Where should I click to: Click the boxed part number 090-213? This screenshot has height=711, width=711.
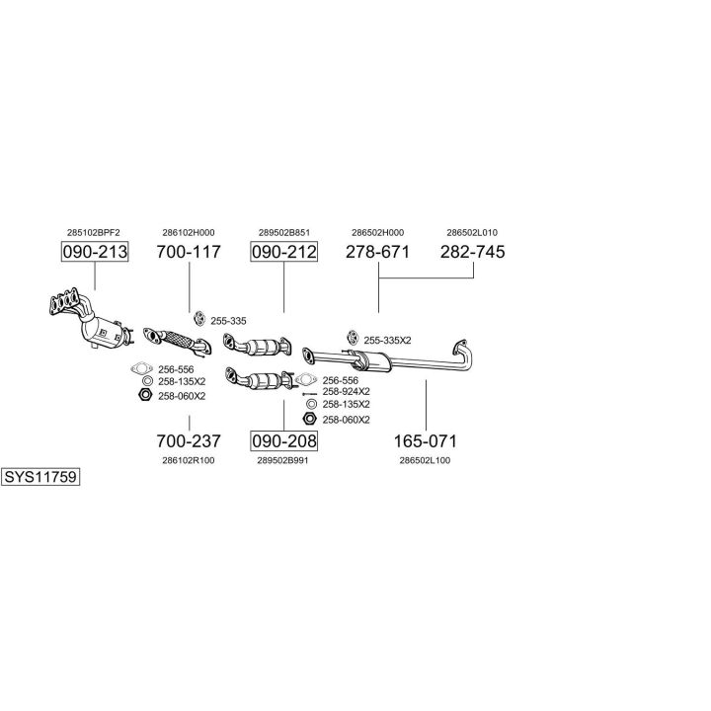click(95, 252)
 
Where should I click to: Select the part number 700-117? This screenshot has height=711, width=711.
click(189, 252)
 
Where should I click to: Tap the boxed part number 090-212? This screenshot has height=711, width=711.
click(283, 252)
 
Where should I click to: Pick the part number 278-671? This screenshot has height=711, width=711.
click(377, 252)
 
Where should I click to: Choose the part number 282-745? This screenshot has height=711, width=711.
click(472, 252)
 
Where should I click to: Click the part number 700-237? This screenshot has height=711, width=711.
click(189, 440)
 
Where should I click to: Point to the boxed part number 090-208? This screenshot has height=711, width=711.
click(283, 440)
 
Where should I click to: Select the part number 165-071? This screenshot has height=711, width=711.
click(426, 440)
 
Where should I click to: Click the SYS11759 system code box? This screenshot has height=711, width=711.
click(40, 477)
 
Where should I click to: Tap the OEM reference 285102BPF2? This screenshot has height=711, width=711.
click(94, 233)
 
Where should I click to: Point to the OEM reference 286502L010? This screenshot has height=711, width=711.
click(472, 233)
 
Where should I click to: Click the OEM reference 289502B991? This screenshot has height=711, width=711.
click(283, 461)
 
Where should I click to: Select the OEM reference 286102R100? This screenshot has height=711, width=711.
click(189, 461)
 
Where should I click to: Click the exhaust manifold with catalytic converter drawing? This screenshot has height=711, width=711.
click(91, 320)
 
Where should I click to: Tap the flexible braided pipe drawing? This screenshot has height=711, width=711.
click(178, 342)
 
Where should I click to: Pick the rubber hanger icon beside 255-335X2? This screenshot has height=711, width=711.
click(353, 338)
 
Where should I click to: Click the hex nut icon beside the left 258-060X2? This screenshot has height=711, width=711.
click(144, 395)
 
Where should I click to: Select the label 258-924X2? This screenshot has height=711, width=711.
click(346, 391)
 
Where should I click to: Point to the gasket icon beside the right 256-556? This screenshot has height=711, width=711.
click(305, 379)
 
